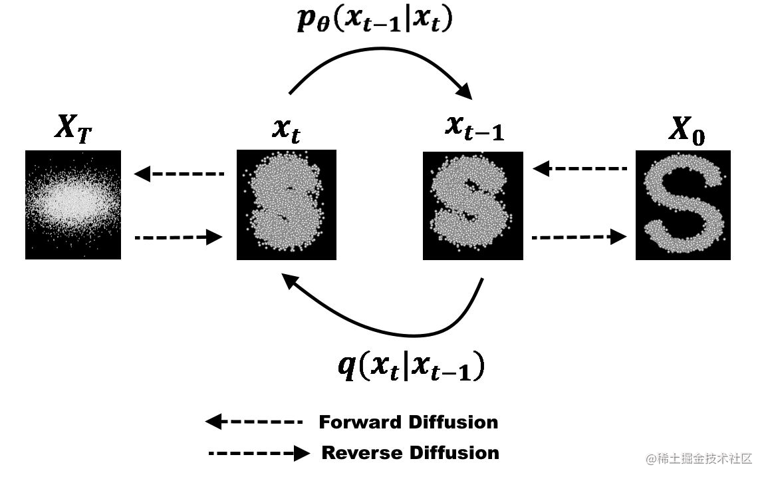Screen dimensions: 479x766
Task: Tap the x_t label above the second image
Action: point(286,131)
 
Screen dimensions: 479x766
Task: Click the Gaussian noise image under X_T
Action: point(73,205)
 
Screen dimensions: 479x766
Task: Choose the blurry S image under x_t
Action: point(287,205)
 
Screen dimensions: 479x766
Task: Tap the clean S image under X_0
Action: point(683,205)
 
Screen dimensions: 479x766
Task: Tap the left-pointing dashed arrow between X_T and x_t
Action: point(180,174)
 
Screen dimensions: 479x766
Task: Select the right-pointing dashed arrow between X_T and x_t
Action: point(178,236)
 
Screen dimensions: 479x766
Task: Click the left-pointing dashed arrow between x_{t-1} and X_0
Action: point(580,169)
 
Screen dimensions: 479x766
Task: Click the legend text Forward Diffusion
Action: point(408,422)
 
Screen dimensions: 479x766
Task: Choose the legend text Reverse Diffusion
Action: point(410,453)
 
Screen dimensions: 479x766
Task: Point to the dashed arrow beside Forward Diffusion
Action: point(254,422)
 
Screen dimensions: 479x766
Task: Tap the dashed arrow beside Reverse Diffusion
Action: point(259,453)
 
